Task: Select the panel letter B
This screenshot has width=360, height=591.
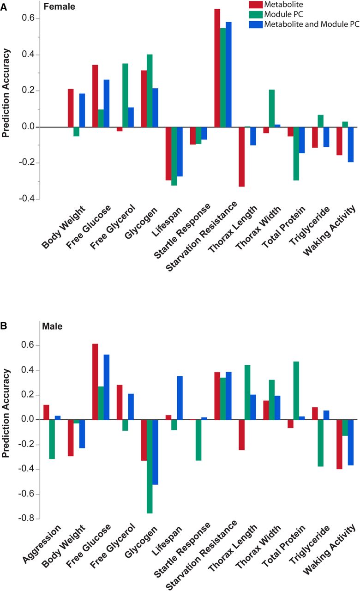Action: point(3,326)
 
